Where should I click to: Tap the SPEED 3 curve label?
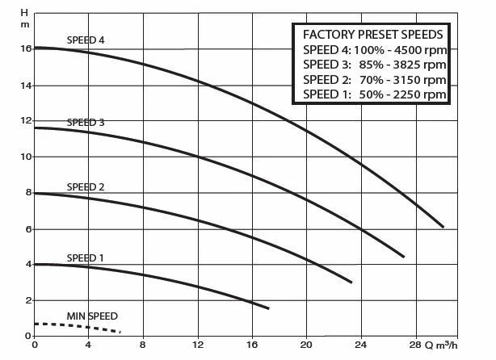pos(85,122)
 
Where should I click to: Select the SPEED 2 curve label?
pos(85,186)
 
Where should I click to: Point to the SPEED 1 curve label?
pos(85,257)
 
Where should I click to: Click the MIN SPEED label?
pos(91,315)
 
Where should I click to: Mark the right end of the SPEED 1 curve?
pos(268,308)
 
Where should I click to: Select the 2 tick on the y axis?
pos(27,300)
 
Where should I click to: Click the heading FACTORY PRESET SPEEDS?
pos(371,36)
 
